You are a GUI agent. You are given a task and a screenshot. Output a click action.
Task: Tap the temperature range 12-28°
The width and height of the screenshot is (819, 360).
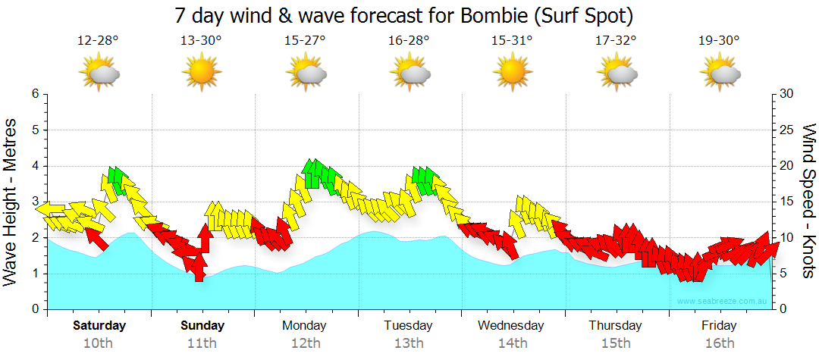pyautogui.click(x=98, y=40)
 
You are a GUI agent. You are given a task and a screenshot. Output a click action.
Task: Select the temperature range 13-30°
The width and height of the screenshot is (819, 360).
pyautogui.click(x=201, y=40)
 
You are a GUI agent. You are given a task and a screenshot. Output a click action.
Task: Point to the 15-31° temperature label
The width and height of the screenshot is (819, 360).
pyautogui.click(x=512, y=40)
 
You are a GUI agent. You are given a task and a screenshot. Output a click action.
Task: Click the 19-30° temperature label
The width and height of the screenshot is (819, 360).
pyautogui.click(x=719, y=40)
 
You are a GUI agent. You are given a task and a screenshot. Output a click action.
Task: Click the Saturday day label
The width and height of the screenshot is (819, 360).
pyautogui.click(x=99, y=326)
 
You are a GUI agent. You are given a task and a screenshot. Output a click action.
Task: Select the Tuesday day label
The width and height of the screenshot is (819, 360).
pyautogui.click(x=408, y=326)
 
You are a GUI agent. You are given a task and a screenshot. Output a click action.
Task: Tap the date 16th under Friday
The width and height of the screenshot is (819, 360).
pyautogui.click(x=719, y=343)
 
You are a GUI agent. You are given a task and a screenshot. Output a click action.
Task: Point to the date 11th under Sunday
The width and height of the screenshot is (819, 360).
pyautogui.click(x=202, y=343)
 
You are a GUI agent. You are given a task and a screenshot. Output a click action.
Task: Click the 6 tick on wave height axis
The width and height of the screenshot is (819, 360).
pyautogui.click(x=35, y=94)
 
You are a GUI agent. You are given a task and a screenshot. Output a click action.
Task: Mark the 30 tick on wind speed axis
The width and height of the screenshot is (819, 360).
pyautogui.click(x=786, y=94)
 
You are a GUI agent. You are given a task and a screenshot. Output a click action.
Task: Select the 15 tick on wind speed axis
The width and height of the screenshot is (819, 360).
pyautogui.click(x=786, y=202)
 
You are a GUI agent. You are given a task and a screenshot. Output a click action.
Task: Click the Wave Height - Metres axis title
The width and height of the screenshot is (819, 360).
pyautogui.click(x=11, y=202)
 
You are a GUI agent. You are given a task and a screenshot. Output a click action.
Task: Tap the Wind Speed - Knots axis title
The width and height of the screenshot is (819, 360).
pyautogui.click(x=809, y=202)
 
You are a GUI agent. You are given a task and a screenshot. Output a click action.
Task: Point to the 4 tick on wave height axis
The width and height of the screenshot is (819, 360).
pyautogui.click(x=35, y=166)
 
